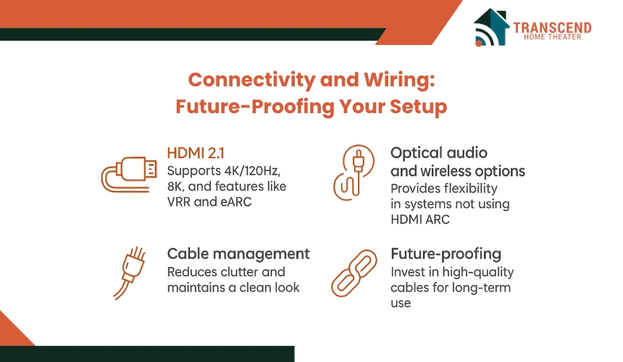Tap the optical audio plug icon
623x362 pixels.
354,172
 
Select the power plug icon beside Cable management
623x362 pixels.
130,273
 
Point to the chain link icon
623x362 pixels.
354,273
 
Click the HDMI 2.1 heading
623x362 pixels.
196,153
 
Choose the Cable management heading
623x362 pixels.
238,254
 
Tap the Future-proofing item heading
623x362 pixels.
446,254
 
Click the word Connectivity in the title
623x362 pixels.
251,80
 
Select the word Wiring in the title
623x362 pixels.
399,80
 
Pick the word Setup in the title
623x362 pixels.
419,107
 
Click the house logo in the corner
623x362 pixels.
491,27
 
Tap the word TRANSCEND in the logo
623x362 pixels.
552,27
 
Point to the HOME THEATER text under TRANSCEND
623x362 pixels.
552,37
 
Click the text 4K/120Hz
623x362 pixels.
252,170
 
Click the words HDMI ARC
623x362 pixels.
420,219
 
